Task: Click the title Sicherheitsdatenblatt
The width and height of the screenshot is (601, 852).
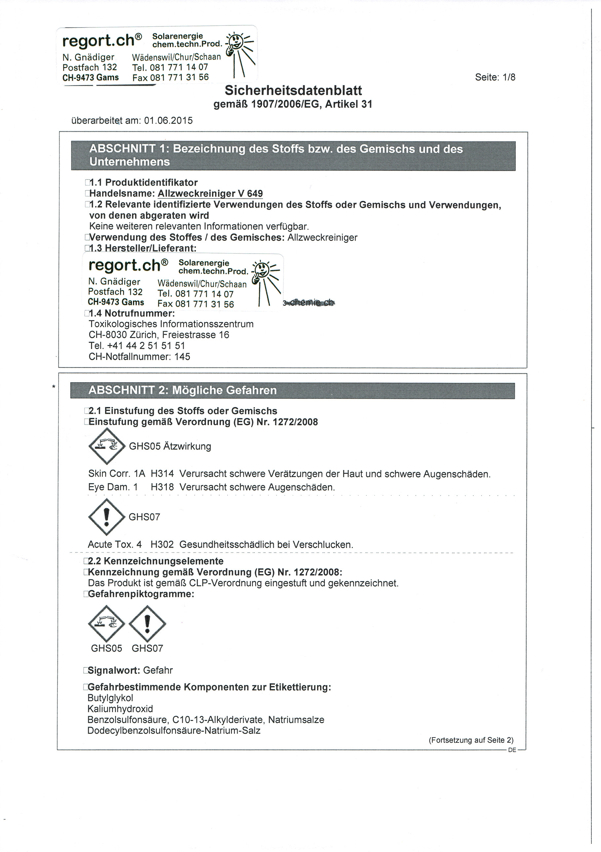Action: point(293,90)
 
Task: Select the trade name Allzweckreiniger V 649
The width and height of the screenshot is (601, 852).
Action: point(210,193)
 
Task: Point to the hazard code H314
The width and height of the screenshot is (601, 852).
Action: point(162,474)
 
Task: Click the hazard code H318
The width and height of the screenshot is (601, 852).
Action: point(162,487)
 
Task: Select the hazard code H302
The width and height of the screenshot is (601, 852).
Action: point(162,545)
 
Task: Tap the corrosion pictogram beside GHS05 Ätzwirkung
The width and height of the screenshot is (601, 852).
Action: point(107,446)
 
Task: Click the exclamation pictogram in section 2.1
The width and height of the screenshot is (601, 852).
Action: point(107,517)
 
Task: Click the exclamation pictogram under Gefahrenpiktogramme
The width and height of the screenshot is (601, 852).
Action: point(147,624)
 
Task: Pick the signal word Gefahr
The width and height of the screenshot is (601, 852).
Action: point(158,670)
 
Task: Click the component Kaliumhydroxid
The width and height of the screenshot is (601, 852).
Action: point(120,709)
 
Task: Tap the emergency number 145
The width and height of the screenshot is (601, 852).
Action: point(182,357)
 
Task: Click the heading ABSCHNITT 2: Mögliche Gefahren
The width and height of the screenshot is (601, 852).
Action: point(182,391)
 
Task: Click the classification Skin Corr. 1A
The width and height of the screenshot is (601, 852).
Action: point(117,474)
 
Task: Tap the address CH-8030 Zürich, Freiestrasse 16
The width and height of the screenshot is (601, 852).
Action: point(159,335)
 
